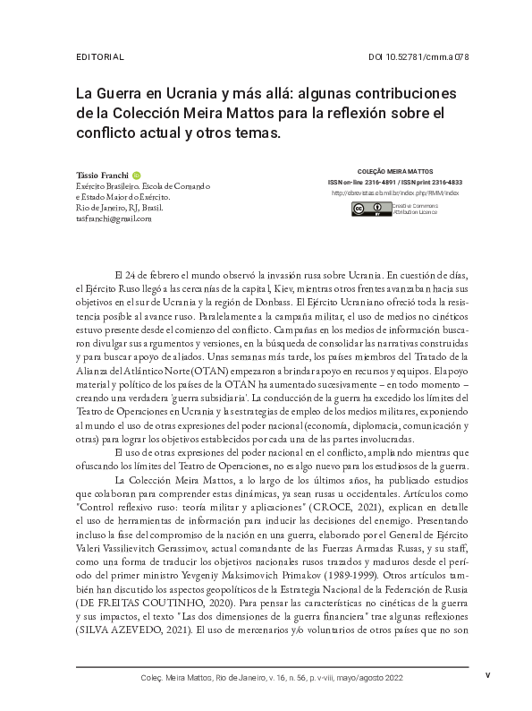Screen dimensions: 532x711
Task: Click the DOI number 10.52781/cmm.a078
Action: point(418,58)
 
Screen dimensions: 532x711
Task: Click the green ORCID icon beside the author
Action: point(137,174)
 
